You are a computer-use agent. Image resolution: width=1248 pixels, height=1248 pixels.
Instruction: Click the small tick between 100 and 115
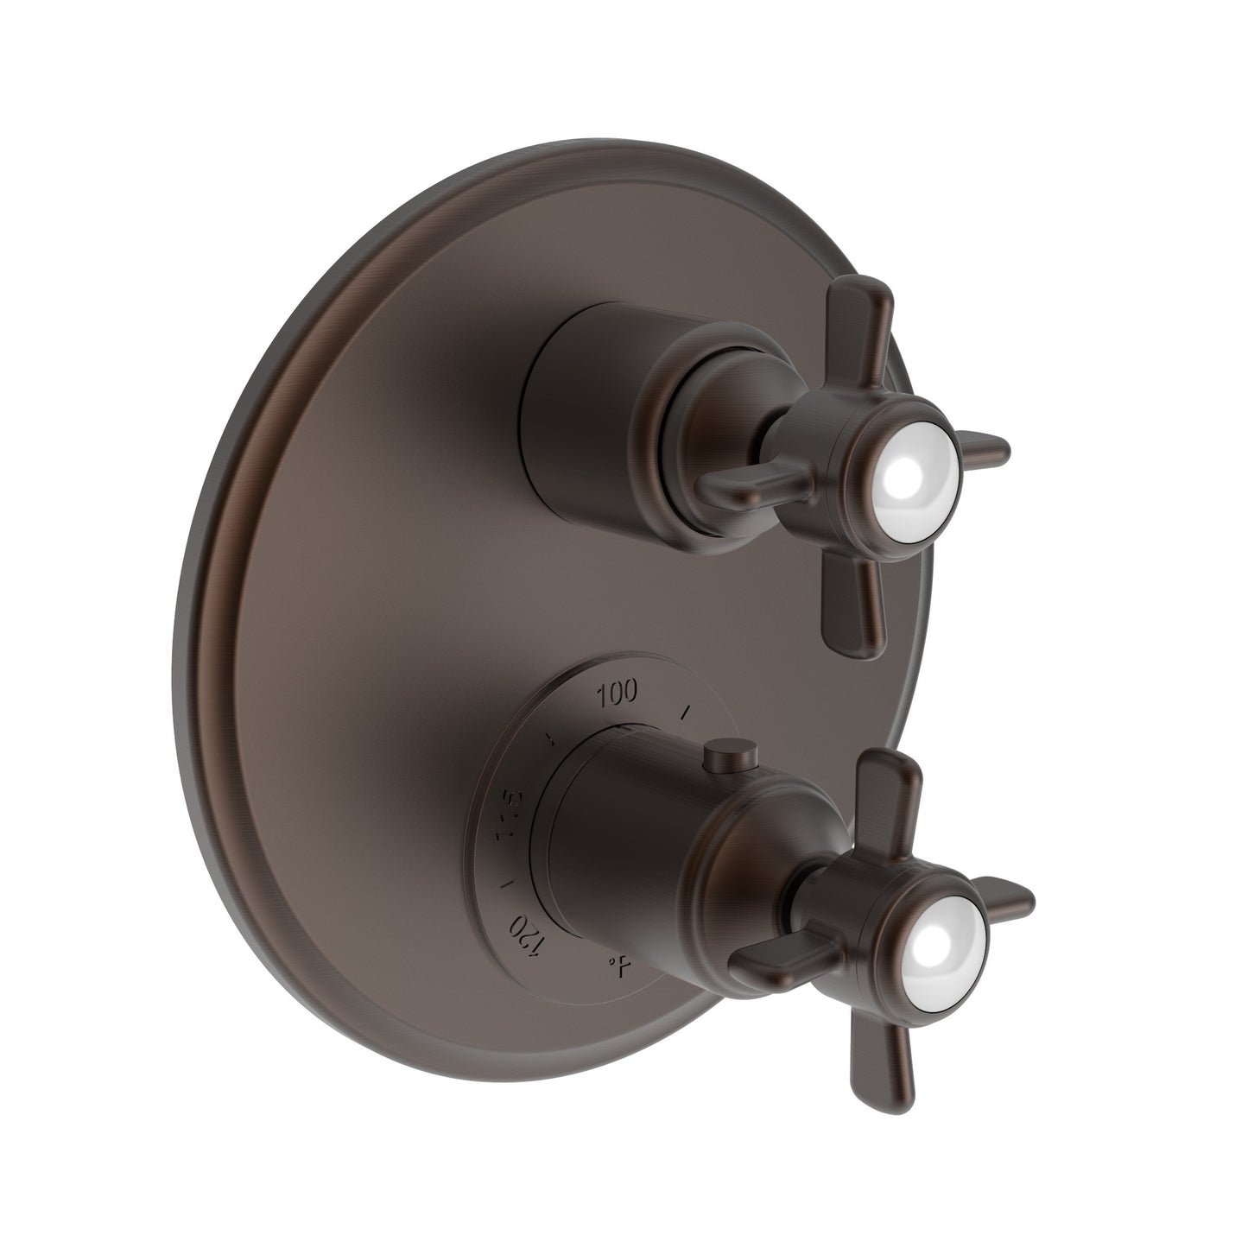click(x=548, y=738)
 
